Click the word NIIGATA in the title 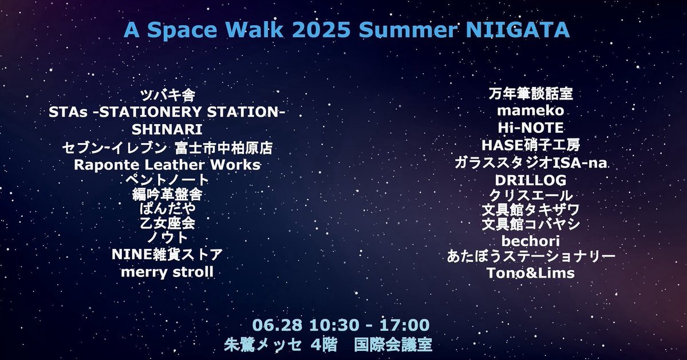point(518,30)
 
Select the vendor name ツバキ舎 point(168,96)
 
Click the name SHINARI point(167,129)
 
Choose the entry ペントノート point(167,180)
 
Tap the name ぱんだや point(167,208)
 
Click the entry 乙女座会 point(167,223)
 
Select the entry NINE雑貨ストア point(167,255)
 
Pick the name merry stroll point(167,272)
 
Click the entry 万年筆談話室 point(531,94)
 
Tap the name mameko point(531,110)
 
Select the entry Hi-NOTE point(531,128)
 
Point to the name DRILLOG point(531,180)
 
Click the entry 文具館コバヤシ point(531,224)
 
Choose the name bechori point(531,241)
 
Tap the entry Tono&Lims point(531,273)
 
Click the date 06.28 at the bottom point(277,325)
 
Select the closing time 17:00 point(405,325)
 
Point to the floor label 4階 point(324,345)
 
